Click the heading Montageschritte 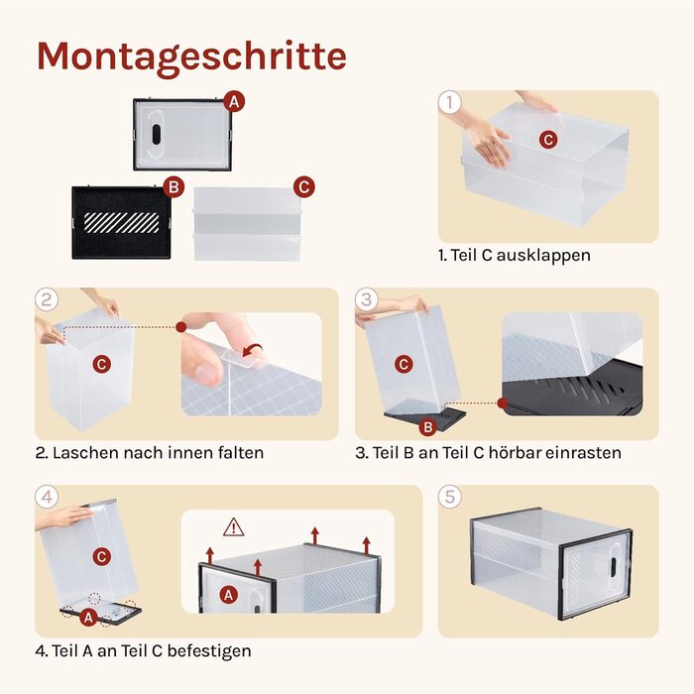191,57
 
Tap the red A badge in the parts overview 234,102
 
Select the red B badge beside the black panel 173,186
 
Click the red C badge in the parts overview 304,187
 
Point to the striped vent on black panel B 121,223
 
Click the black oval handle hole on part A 157,134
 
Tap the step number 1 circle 450,102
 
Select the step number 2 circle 47,299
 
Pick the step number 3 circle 367,299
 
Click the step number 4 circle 47,497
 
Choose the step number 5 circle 450,497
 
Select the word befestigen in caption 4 209,651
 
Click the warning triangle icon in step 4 234,527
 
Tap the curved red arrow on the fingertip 253,350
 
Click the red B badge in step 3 428,427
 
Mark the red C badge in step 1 548,140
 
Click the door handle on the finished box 613,567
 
